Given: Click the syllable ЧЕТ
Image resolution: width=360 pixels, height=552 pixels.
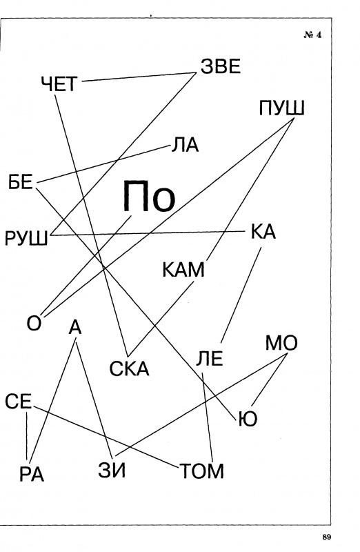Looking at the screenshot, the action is pyautogui.click(x=59, y=84).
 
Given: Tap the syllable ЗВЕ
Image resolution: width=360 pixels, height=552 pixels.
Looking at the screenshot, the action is pyautogui.click(x=221, y=66).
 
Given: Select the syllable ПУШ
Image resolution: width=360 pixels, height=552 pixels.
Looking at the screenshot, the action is pyautogui.click(x=281, y=108).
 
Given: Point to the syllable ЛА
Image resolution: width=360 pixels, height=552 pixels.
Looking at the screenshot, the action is pyautogui.click(x=185, y=145).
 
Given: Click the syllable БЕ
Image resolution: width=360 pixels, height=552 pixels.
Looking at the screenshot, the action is pyautogui.click(x=21, y=183).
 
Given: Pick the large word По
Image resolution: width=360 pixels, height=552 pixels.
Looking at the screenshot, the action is pyautogui.click(x=149, y=197).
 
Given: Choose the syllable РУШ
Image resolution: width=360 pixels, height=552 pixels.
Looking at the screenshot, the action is pyautogui.click(x=26, y=239).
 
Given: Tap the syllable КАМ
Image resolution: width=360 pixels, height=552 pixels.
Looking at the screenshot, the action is pyautogui.click(x=183, y=270).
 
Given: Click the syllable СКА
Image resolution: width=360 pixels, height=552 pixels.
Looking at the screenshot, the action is pyautogui.click(x=130, y=369).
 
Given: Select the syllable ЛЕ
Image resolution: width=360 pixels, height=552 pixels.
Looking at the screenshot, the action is pyautogui.click(x=210, y=359).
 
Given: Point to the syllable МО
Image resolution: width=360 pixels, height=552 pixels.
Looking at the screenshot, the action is pyautogui.click(x=281, y=343).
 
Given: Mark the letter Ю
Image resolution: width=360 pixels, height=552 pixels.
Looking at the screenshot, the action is pyautogui.click(x=248, y=419).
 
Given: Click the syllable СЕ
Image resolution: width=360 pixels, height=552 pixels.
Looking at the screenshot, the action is pyautogui.click(x=19, y=402).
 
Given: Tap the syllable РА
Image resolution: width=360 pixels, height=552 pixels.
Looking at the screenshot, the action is pyautogui.click(x=32, y=474).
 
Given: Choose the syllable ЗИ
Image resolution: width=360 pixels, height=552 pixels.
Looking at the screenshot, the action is pyautogui.click(x=112, y=471).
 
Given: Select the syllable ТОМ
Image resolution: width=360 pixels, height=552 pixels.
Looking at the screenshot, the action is pyautogui.click(x=202, y=471).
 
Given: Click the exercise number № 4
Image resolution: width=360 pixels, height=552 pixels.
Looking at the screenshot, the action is pyautogui.click(x=312, y=35).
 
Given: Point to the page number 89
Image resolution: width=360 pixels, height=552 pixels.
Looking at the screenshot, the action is pyautogui.click(x=327, y=537).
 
